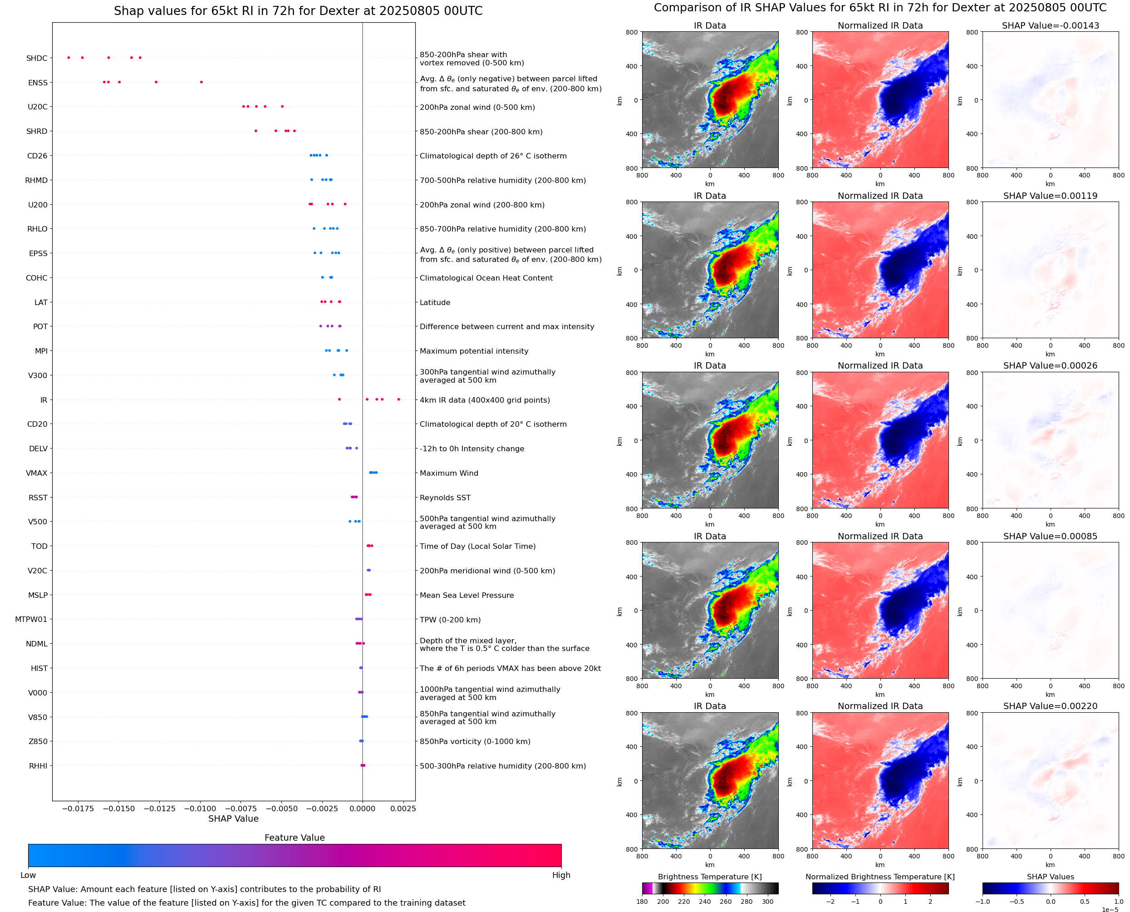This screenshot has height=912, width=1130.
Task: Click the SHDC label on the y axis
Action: [37, 58]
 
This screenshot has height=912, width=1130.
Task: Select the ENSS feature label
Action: [38, 83]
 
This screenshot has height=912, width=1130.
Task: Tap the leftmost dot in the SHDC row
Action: [69, 58]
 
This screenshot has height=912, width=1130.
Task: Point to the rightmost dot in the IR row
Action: [398, 400]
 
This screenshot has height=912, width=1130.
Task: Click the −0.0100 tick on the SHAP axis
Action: [200, 808]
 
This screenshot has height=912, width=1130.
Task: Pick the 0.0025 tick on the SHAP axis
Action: [403, 808]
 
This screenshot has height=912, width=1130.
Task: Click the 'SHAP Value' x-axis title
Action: [233, 818]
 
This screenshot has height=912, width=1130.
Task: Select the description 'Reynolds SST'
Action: [445, 498]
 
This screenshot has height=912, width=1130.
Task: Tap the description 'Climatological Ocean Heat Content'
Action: [486, 278]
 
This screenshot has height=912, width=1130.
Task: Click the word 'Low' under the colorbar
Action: [28, 875]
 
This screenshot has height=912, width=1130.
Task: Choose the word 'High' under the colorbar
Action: [561, 875]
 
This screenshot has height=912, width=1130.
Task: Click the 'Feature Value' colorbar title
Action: [295, 838]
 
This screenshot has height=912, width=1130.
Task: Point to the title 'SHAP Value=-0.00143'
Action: [1050, 25]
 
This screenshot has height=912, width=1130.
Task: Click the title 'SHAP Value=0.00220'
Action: [1050, 706]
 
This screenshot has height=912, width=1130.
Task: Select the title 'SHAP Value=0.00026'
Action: [1050, 365]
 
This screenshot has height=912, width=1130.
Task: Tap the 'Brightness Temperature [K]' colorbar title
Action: [709, 877]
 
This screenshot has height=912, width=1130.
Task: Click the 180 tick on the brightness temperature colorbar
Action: [642, 902]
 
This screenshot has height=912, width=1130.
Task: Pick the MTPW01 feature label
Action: [31, 619]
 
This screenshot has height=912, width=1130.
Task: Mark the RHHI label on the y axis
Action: [38, 766]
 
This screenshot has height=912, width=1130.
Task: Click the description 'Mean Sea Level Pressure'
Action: [466, 595]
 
